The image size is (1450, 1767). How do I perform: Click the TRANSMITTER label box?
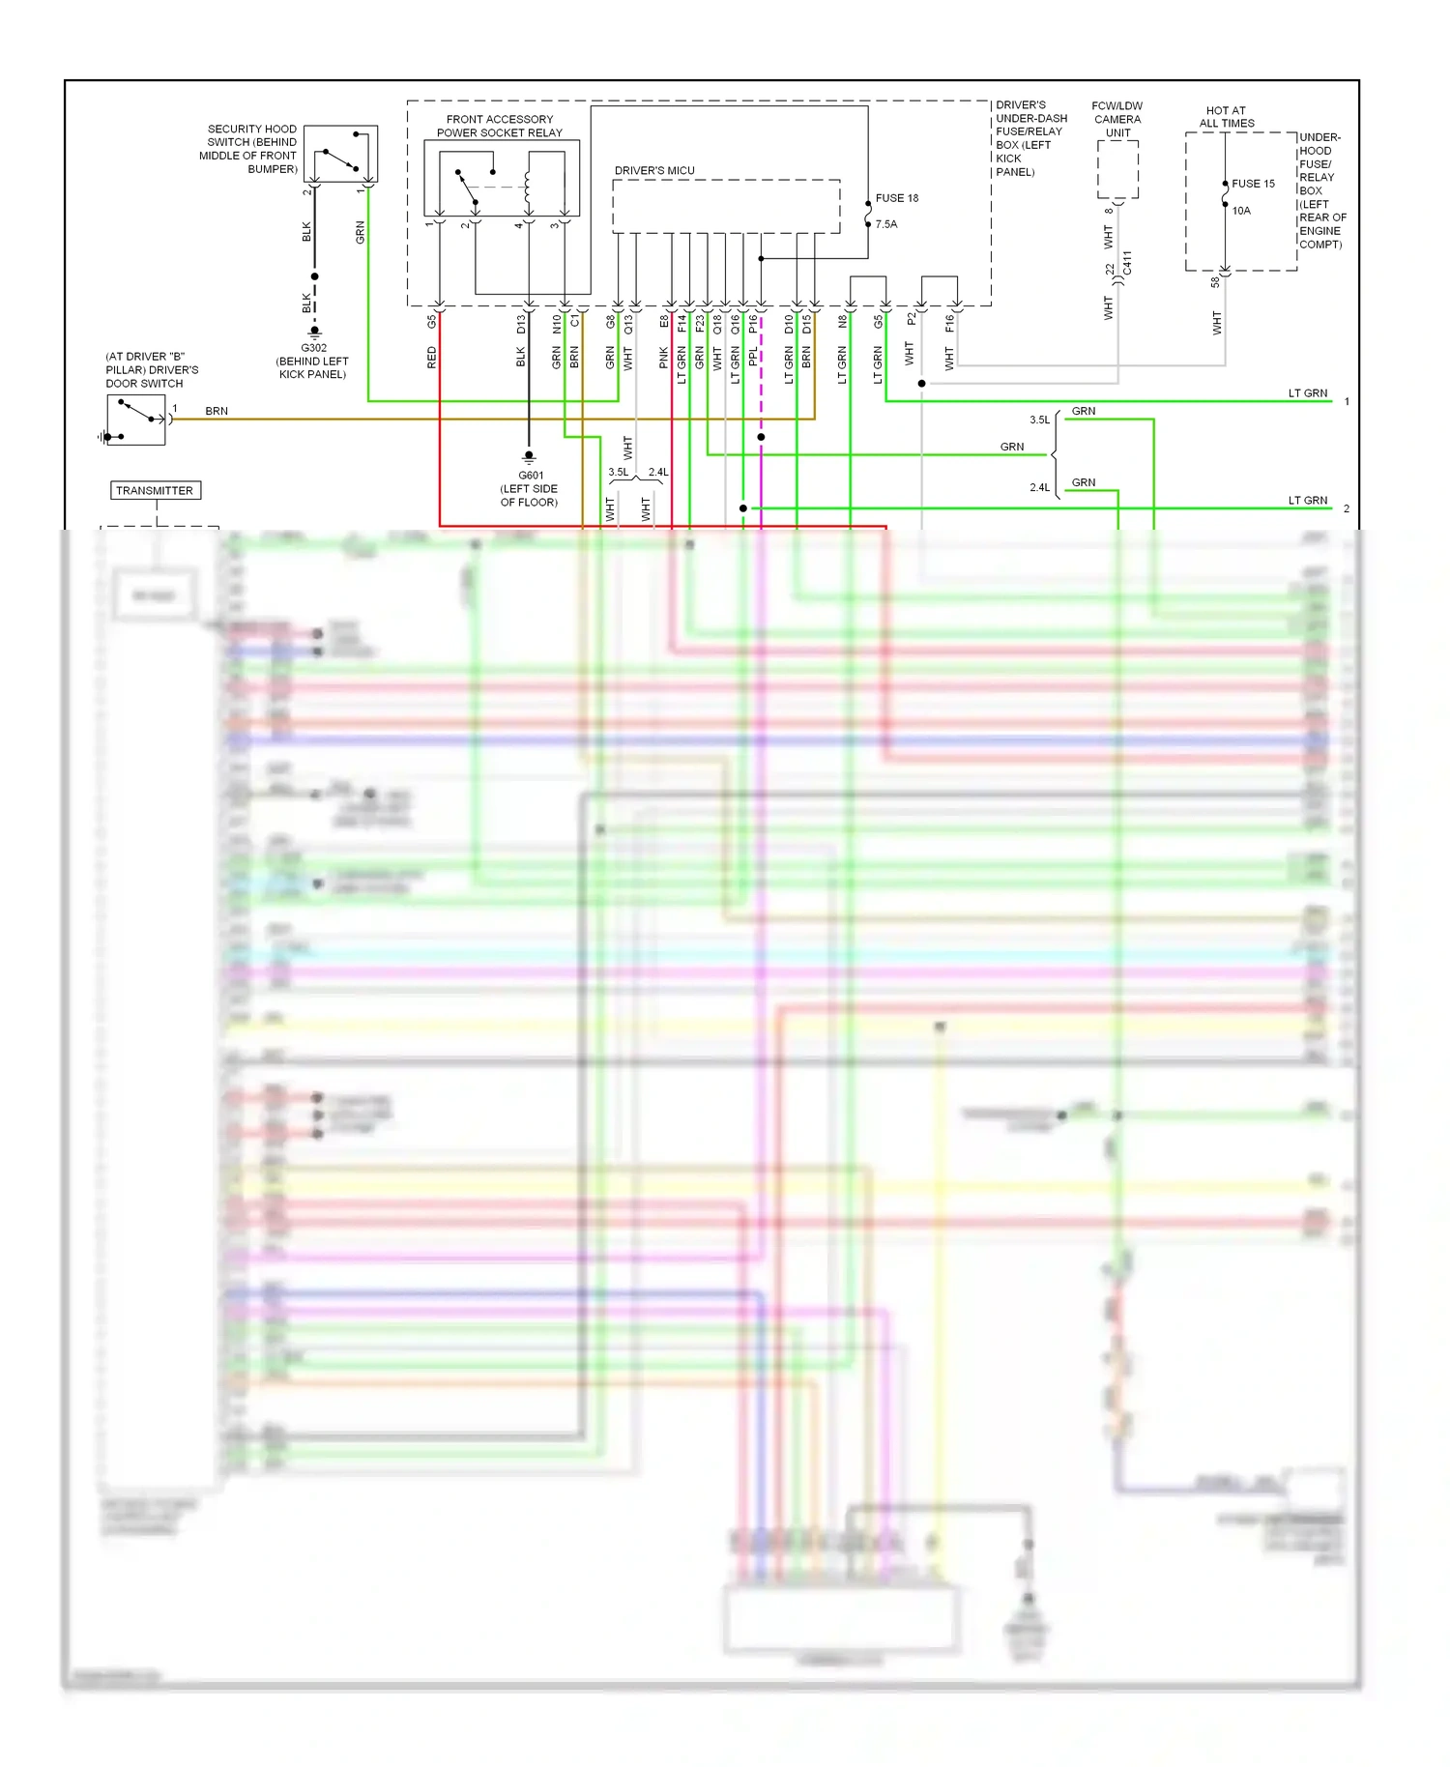[x=155, y=490]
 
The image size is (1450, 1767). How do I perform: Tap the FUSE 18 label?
[x=896, y=198]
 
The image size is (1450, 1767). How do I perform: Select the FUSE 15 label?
[x=1253, y=184]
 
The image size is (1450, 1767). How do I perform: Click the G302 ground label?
[x=313, y=348]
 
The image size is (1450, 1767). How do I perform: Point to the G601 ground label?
[x=531, y=476]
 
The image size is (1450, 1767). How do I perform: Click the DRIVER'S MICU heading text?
[x=654, y=170]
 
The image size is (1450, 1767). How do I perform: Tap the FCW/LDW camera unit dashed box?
[x=1117, y=169]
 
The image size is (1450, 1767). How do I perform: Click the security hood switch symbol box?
[x=341, y=154]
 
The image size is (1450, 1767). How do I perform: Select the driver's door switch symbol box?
[x=136, y=420]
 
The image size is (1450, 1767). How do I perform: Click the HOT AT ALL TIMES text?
[x=1226, y=117]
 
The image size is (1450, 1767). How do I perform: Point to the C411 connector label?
[x=1127, y=263]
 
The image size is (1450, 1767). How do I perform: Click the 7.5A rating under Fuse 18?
[x=886, y=224]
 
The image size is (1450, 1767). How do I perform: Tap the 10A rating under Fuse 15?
[x=1241, y=211]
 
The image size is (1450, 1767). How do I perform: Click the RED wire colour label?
[x=432, y=358]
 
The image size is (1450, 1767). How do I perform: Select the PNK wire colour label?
[x=664, y=358]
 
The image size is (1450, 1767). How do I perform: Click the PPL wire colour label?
[x=753, y=358]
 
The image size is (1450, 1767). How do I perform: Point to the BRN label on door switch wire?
[x=217, y=411]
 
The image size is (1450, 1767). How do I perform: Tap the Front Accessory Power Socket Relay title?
[x=500, y=126]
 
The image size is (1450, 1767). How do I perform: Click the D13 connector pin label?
[x=521, y=323]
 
